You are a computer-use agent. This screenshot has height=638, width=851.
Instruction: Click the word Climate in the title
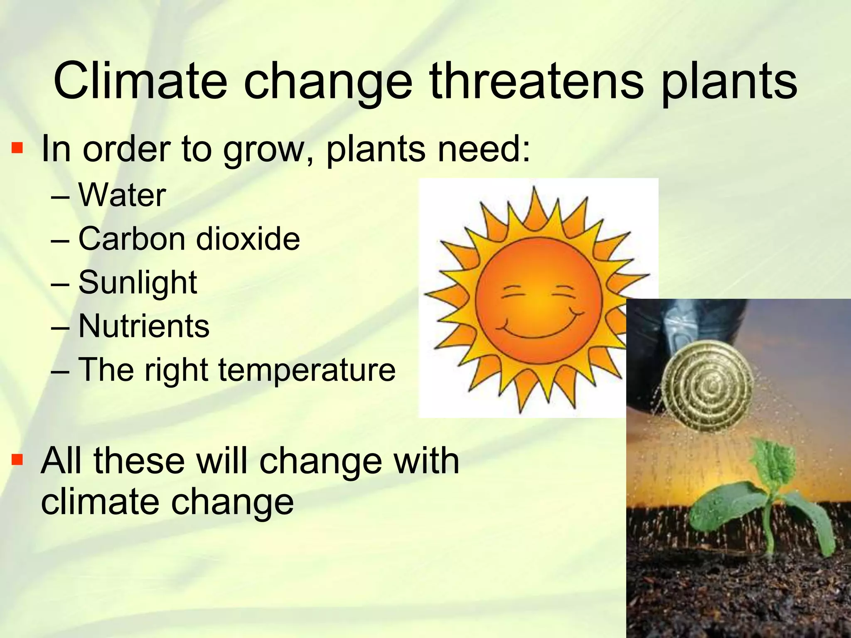click(140, 81)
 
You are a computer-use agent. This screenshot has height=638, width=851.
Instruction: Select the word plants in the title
click(729, 83)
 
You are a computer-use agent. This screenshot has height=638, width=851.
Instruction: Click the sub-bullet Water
click(122, 195)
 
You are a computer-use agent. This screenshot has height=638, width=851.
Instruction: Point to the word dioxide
click(248, 239)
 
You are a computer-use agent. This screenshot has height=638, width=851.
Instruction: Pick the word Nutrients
click(144, 326)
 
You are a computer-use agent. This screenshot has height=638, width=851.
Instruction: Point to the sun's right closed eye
click(564, 291)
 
